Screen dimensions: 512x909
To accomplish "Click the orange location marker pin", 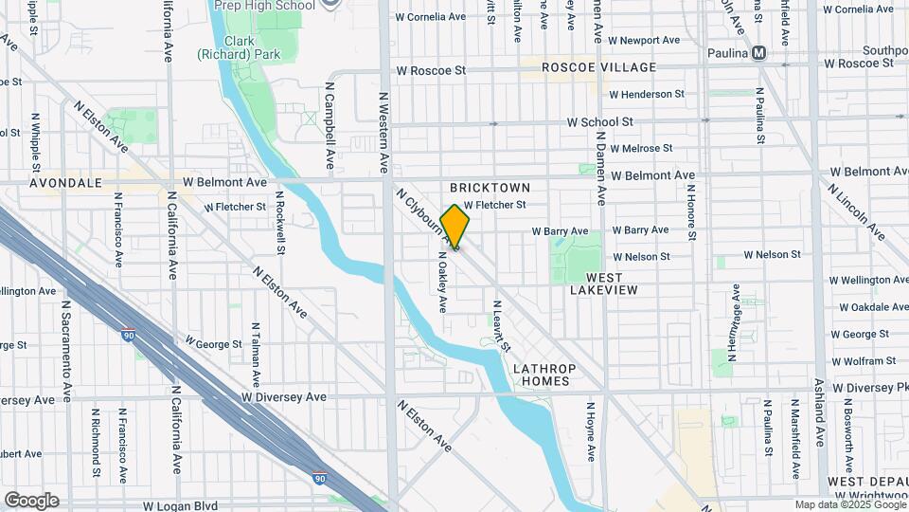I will (x=455, y=227).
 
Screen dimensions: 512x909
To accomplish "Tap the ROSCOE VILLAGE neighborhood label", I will (x=598, y=67).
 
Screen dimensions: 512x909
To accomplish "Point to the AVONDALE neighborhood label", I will (x=65, y=182).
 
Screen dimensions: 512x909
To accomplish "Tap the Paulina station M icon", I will (x=758, y=54).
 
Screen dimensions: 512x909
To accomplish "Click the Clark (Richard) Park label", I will (x=237, y=48).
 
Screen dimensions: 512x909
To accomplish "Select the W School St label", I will (x=599, y=122).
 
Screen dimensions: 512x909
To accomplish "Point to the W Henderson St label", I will (x=646, y=95).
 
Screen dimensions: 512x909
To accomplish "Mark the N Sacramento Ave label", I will (x=66, y=352).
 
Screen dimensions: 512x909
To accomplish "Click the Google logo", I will (x=31, y=501).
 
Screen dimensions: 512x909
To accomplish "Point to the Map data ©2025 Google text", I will (x=849, y=505).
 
